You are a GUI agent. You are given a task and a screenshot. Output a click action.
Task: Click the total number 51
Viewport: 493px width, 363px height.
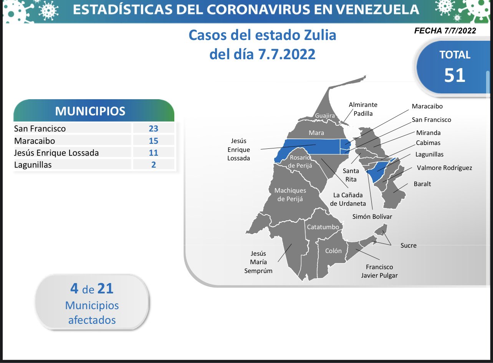[x=455, y=75]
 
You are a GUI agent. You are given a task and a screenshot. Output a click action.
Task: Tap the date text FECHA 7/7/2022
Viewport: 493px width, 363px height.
[x=445, y=31]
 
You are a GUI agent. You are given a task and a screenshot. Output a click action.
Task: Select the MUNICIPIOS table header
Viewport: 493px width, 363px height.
[x=90, y=111]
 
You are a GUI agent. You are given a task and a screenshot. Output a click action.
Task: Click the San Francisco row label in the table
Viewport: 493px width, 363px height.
[x=40, y=129]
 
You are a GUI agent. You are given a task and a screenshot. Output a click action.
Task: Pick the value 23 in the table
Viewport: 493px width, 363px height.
[x=154, y=128]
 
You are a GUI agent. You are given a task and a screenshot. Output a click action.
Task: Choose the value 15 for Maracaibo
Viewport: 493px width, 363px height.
[x=154, y=141]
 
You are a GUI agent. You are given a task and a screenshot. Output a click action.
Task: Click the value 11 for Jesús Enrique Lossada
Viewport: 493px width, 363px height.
[x=154, y=153]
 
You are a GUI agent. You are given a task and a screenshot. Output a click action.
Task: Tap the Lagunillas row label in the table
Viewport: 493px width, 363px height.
[x=33, y=165]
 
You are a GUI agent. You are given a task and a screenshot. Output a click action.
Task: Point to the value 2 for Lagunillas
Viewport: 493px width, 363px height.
[x=154, y=165]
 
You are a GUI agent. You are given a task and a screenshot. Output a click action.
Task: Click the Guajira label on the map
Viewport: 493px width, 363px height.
[x=325, y=115]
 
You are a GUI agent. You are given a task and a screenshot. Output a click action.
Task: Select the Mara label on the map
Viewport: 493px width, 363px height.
[x=316, y=133]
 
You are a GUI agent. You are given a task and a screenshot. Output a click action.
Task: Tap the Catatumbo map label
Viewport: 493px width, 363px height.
[x=323, y=227]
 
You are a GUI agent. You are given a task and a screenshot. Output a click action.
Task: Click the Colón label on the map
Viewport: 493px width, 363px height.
[x=333, y=251]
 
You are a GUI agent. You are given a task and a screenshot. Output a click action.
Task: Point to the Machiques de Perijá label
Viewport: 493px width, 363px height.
[x=290, y=195]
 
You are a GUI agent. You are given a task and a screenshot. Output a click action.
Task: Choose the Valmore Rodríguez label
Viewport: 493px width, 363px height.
[x=444, y=168]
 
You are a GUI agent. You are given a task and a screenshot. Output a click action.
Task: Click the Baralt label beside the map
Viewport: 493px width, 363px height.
[x=422, y=184]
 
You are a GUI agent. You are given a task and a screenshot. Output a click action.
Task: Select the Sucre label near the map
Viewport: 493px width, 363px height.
[x=409, y=246]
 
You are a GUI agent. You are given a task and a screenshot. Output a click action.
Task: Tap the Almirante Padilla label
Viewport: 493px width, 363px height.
[x=363, y=109]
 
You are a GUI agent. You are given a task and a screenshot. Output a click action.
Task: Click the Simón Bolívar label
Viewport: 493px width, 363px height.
[x=372, y=216]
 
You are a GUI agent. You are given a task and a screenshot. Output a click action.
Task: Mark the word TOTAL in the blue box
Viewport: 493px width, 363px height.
[x=455, y=55]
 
